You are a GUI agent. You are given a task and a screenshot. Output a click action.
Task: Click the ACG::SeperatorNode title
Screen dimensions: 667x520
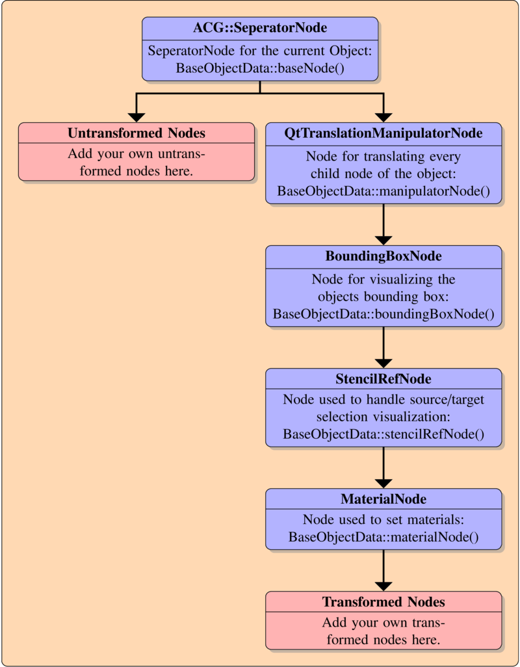pos(260,28)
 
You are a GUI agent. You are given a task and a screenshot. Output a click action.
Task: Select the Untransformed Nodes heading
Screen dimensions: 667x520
pos(136,133)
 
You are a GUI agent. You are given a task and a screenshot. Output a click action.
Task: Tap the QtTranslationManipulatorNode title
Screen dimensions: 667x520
pos(383,133)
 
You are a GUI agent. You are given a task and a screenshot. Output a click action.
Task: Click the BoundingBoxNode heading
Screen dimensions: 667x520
pos(383,256)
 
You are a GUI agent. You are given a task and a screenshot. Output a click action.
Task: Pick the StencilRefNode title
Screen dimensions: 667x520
pos(383,379)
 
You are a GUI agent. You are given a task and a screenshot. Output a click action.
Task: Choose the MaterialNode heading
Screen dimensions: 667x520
pos(383,499)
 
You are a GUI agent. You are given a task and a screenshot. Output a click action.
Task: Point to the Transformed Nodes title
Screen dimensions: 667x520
pos(383,602)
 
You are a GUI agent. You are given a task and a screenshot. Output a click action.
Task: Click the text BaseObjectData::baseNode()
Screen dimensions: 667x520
pos(260,68)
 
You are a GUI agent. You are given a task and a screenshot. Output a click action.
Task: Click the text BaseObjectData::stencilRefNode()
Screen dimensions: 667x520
pos(383,434)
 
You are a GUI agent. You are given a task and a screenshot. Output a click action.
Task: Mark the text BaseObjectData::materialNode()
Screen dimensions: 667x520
pos(383,538)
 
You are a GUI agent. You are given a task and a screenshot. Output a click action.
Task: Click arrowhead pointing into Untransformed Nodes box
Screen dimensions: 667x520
pos(136,116)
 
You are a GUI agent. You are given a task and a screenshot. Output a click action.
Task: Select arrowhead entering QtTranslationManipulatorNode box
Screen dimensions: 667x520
pos(383,116)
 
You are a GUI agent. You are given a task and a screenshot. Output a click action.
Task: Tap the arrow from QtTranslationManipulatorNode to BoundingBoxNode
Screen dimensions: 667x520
pos(383,224)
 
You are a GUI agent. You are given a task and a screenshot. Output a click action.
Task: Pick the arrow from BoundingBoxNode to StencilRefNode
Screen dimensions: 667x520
pos(383,347)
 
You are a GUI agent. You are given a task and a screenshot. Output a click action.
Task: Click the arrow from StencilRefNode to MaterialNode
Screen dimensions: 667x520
pos(383,468)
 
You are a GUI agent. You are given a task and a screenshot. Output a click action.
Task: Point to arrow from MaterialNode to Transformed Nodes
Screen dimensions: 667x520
pos(383,571)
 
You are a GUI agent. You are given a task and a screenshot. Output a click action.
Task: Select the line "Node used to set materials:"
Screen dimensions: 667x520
pos(383,520)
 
